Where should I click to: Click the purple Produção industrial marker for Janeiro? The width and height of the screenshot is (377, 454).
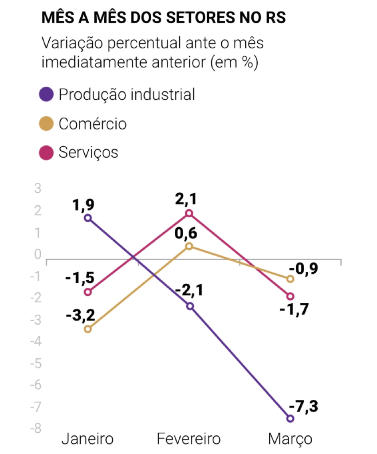click(x=88, y=218)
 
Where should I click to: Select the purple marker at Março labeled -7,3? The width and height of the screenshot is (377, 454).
click(x=291, y=418)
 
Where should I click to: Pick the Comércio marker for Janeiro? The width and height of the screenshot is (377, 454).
click(x=88, y=329)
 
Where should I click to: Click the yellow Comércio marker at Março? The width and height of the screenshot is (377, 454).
click(x=291, y=279)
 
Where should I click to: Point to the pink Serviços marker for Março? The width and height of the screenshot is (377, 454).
click(x=291, y=296)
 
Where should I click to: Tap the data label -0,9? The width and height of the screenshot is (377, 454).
click(x=303, y=269)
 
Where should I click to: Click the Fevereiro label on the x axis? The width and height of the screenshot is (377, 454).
click(x=189, y=439)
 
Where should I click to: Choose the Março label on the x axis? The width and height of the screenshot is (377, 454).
click(x=290, y=439)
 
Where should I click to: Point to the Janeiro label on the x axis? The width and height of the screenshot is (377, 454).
click(x=87, y=439)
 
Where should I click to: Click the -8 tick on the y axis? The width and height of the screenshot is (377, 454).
click(x=36, y=428)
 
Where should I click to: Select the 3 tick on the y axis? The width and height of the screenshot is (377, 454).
click(x=38, y=189)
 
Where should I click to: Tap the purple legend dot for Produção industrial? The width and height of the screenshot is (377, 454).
click(x=46, y=94)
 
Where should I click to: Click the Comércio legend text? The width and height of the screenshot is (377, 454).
click(x=92, y=124)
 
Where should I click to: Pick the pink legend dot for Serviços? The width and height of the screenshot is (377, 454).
click(x=46, y=152)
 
